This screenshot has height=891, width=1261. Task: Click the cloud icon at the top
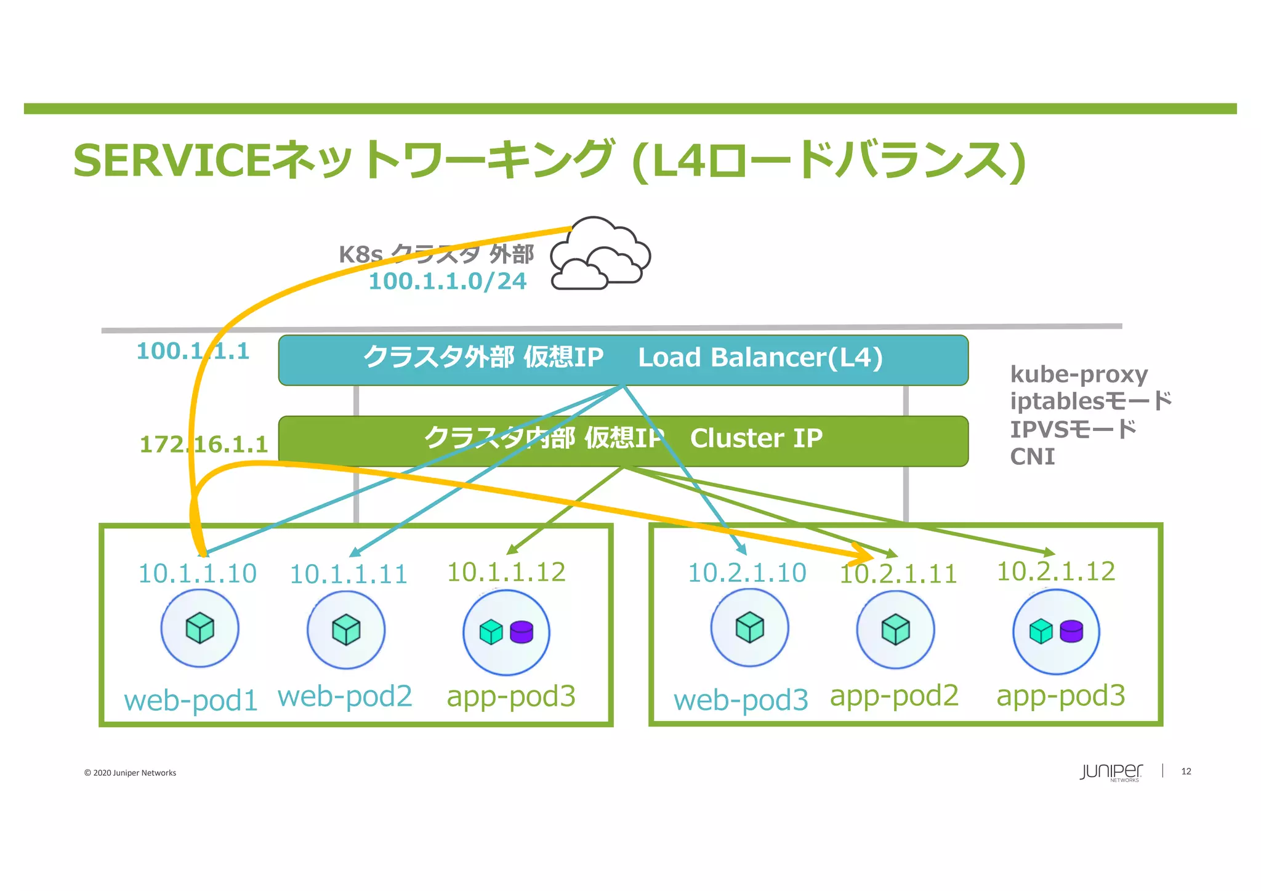(x=600, y=254)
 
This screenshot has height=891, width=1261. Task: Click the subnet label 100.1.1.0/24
(x=448, y=281)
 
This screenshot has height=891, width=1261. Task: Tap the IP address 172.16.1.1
(x=204, y=444)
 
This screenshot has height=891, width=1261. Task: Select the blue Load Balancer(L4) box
(x=623, y=360)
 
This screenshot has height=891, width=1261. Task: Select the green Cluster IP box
(x=623, y=441)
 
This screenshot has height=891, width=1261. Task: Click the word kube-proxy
(x=1079, y=374)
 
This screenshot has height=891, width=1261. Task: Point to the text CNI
(x=1033, y=457)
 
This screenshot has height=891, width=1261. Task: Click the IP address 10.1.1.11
(x=348, y=575)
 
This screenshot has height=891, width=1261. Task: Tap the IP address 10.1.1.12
(x=506, y=572)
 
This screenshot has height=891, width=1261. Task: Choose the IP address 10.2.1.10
(x=747, y=573)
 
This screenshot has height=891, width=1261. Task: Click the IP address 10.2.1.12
(x=1056, y=571)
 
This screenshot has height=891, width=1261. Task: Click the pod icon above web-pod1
(x=200, y=628)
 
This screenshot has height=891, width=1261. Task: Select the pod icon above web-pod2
(x=346, y=630)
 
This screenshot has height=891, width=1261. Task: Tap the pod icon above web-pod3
(x=749, y=627)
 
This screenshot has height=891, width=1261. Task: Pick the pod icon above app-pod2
(x=895, y=630)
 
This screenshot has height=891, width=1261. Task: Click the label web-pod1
(x=191, y=701)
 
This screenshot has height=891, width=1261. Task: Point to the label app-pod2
(x=894, y=696)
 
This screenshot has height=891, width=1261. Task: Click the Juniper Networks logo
(x=1111, y=772)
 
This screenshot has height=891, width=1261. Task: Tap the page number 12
(x=1186, y=772)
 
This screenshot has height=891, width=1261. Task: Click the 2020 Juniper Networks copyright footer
(x=130, y=773)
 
